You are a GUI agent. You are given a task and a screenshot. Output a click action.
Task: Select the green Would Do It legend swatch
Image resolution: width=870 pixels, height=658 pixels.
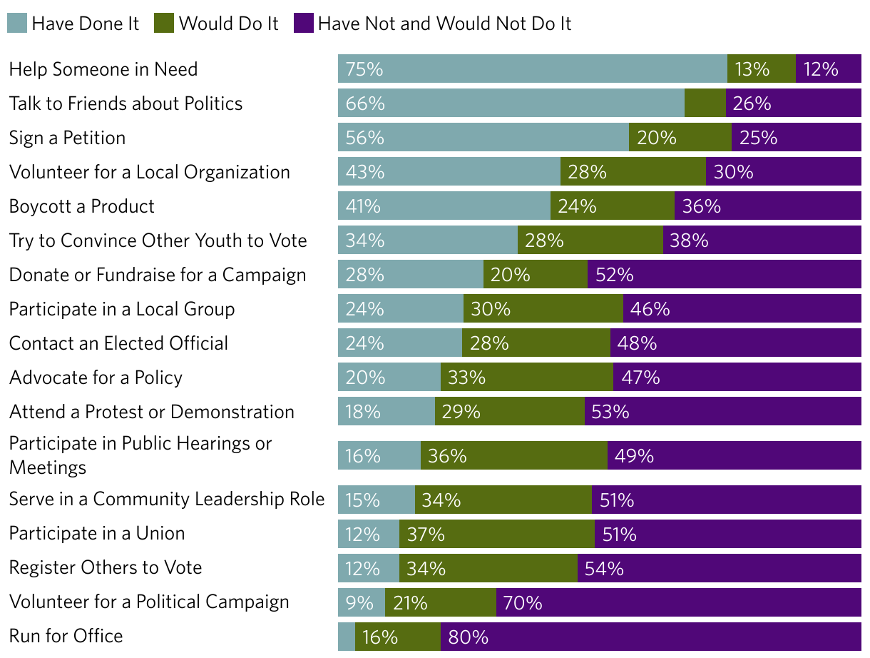pyautogui.click(x=164, y=24)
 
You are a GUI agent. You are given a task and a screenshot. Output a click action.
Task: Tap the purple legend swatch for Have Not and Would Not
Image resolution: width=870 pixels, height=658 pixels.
pyautogui.click(x=303, y=24)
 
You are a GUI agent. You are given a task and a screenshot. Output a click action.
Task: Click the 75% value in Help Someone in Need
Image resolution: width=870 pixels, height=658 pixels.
pyautogui.click(x=364, y=69)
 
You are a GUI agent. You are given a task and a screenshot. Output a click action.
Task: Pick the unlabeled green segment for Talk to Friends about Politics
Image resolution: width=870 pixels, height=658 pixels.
pyautogui.click(x=705, y=103)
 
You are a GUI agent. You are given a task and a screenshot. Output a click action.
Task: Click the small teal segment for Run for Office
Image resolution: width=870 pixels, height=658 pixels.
pyautogui.click(x=346, y=637)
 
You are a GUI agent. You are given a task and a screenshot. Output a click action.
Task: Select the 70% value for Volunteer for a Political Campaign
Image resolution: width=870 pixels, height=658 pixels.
pyautogui.click(x=523, y=602)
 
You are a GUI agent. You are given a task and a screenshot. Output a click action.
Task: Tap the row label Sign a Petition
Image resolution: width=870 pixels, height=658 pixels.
pyautogui.click(x=67, y=138)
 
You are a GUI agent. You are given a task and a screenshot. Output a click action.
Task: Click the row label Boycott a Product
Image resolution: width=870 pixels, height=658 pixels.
pyautogui.click(x=82, y=206)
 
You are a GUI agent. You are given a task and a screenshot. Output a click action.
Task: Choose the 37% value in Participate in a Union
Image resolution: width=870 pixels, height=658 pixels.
pyautogui.click(x=426, y=534)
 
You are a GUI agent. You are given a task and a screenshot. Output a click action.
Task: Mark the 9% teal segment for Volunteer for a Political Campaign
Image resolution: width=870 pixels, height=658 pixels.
pyautogui.click(x=361, y=602)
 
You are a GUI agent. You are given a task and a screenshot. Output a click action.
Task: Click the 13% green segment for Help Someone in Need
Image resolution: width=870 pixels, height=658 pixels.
pyautogui.click(x=753, y=69)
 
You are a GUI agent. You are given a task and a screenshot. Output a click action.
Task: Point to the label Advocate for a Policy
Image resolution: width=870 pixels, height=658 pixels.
pyautogui.click(x=96, y=378)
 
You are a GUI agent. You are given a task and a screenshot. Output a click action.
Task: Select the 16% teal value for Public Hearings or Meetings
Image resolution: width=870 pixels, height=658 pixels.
pyautogui.click(x=363, y=455)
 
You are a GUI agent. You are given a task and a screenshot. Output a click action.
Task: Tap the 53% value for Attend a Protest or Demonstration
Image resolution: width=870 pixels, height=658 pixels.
pyautogui.click(x=610, y=412)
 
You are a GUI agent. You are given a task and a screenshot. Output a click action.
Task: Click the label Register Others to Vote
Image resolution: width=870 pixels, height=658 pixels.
pyautogui.click(x=106, y=567)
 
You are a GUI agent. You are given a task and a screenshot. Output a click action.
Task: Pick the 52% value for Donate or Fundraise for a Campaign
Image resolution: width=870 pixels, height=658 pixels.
pyautogui.click(x=615, y=275)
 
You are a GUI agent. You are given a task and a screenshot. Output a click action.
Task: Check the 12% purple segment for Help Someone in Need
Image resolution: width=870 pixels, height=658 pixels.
pyautogui.click(x=821, y=69)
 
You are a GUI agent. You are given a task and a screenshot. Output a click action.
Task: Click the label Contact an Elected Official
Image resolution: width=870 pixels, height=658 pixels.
pyautogui.click(x=119, y=343)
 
